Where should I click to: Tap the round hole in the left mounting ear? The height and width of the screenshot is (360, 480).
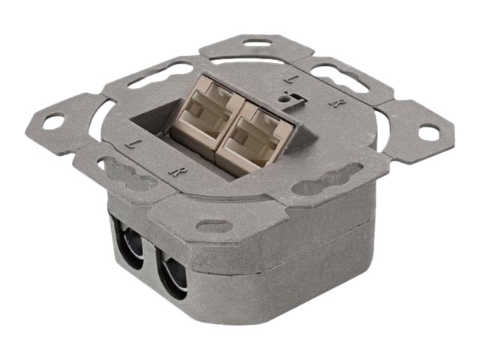coord(56,120)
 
